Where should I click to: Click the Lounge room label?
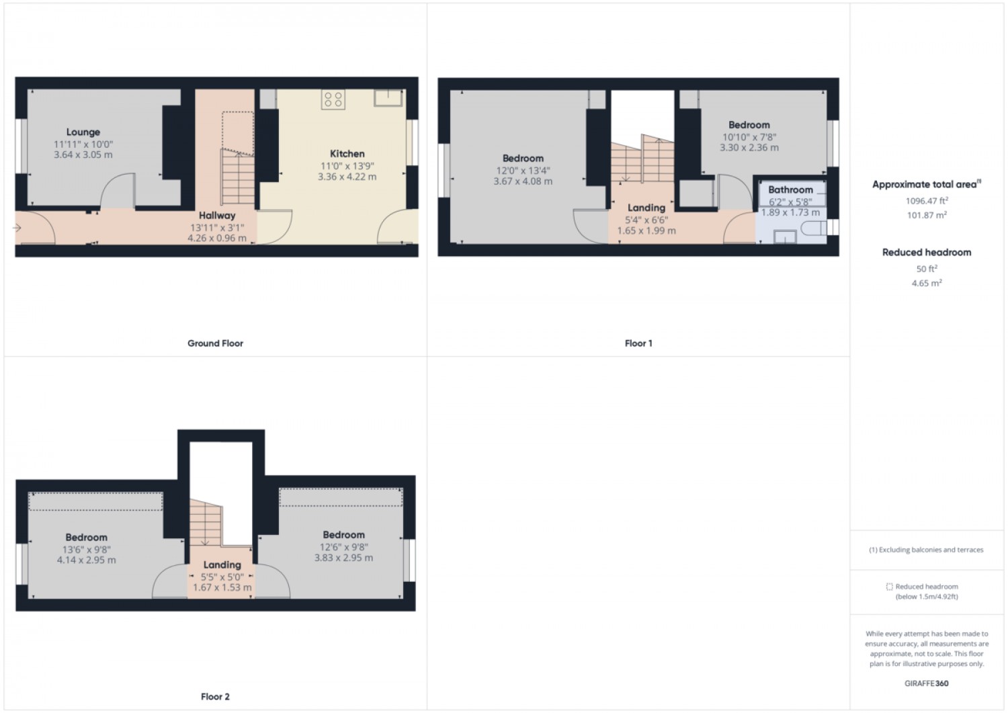click(x=83, y=132)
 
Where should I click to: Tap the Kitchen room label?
click(x=347, y=153)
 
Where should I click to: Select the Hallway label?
click(x=217, y=215)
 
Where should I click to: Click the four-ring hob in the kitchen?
click(x=333, y=99)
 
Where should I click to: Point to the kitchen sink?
click(x=388, y=97)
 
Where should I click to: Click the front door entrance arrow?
click(x=17, y=228)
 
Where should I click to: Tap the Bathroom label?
click(x=790, y=190)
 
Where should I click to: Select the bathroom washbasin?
click(x=785, y=237)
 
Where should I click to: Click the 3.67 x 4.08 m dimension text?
click(x=523, y=181)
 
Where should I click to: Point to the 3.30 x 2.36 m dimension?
click(x=749, y=148)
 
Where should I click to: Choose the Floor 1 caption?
click(x=638, y=343)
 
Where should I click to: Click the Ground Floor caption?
click(x=215, y=343)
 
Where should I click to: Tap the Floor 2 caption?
click(x=215, y=697)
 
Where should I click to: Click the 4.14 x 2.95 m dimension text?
click(x=87, y=560)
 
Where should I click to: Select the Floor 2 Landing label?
click(x=222, y=565)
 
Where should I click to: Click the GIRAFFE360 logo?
click(x=926, y=683)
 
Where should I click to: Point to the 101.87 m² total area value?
click(x=927, y=215)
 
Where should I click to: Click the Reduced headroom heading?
click(x=927, y=253)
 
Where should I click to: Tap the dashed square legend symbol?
click(x=889, y=587)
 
